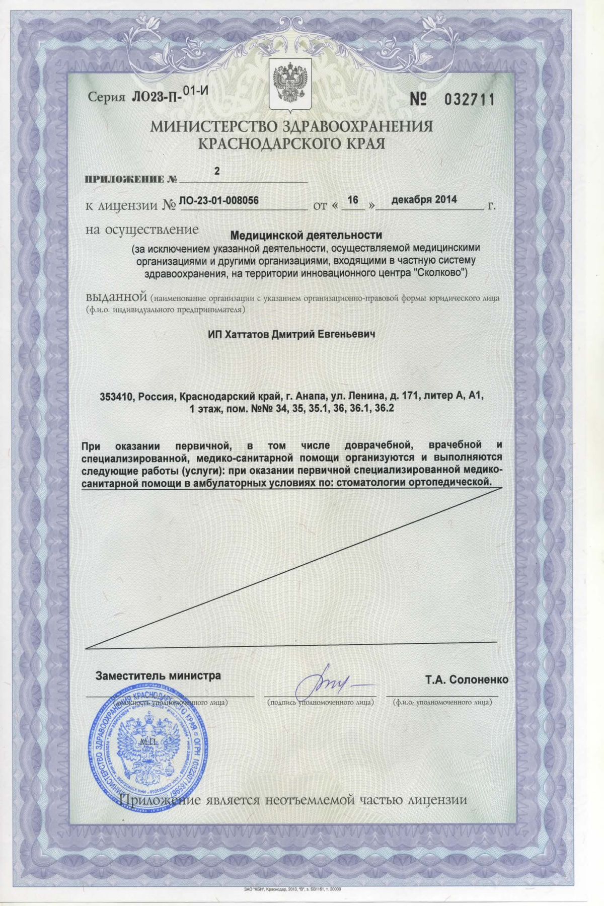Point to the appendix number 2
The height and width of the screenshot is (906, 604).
pos(217,171)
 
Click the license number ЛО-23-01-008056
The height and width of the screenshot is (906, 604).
pos(218,200)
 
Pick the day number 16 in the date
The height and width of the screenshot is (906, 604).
pos(352,200)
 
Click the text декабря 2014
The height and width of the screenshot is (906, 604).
pos(424,199)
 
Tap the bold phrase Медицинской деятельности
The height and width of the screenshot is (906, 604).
pos(306,235)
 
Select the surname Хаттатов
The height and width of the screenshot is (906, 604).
pos(245,334)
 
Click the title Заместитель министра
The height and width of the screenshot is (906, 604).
pos(158,675)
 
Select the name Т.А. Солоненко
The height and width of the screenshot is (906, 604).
pos(467,679)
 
